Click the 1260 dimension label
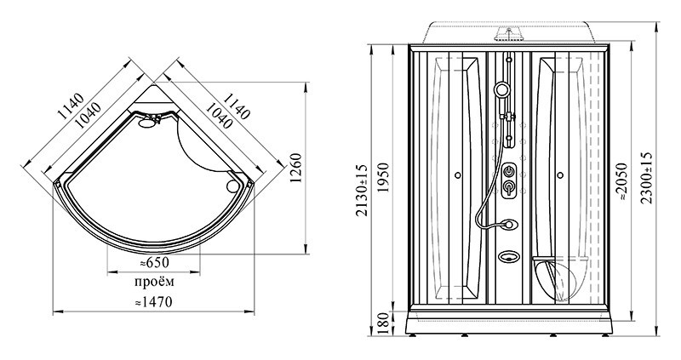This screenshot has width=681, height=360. (295, 168)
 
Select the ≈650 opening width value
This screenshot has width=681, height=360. (154, 262)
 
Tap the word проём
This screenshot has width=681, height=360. (154, 282)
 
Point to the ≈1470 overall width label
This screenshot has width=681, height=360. (153, 301)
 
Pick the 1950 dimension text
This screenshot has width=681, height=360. (382, 178)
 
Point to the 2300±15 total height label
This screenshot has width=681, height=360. (647, 177)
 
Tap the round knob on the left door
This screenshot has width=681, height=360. (457, 175)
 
